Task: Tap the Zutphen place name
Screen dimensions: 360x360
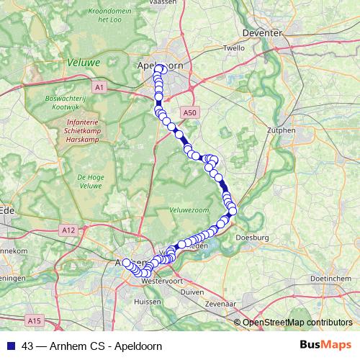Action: coord(282,130)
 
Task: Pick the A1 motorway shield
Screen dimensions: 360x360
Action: coord(99,87)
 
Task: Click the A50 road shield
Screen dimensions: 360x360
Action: coord(189,112)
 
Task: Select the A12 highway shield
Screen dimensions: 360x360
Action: coord(69,230)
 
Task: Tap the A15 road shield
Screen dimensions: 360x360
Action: coord(32,319)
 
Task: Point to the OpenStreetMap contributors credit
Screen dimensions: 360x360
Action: coord(297,322)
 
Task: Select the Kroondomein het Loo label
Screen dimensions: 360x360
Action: coord(107,16)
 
